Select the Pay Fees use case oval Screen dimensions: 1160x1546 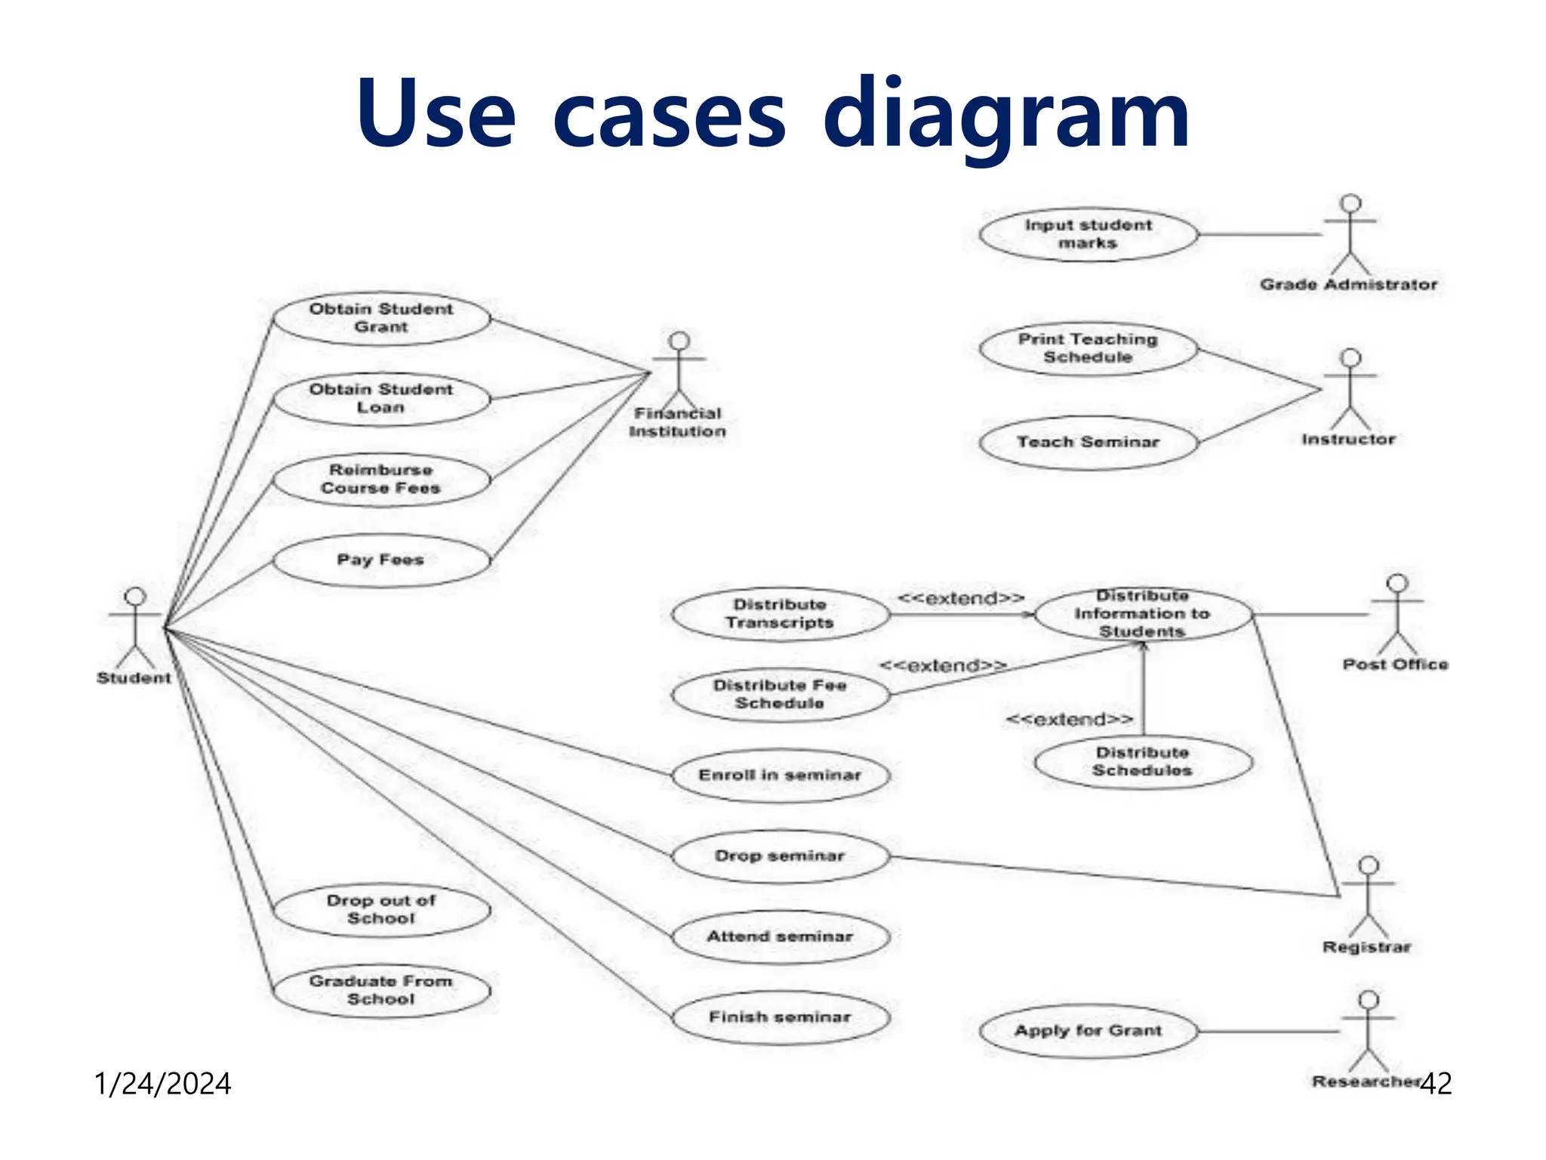coord(381,560)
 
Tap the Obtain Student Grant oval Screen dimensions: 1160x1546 coord(381,318)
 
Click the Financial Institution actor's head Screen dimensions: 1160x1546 coord(679,341)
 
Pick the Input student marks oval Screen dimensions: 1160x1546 coord(1088,234)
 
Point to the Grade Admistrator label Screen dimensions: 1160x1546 coord(1348,285)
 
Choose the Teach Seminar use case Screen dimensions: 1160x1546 coord(1088,443)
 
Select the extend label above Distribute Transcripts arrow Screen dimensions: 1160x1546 coord(960,599)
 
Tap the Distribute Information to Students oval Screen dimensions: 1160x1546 coord(1142,614)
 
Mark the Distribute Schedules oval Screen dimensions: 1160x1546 coord(1142,762)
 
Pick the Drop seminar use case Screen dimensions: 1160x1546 coord(780,856)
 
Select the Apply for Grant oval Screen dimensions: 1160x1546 coord(1088,1031)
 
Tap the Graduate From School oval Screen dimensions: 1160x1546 coord(381,990)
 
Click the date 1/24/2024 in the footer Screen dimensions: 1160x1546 coord(162,1084)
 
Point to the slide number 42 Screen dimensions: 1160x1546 coord(1436,1084)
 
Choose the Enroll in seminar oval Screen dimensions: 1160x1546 coord(780,776)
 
